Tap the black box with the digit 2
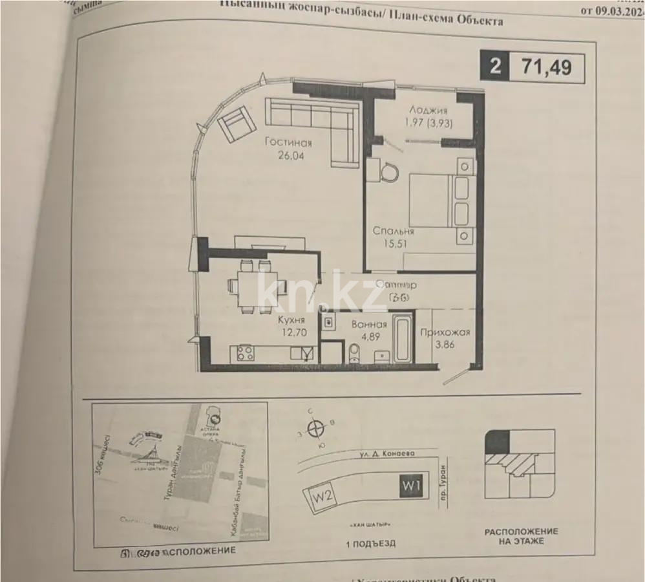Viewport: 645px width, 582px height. [495, 66]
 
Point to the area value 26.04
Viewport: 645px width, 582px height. [291, 156]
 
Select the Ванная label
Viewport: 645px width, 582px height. [370, 325]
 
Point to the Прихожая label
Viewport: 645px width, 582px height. [444, 333]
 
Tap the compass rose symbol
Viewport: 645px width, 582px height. [316, 427]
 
